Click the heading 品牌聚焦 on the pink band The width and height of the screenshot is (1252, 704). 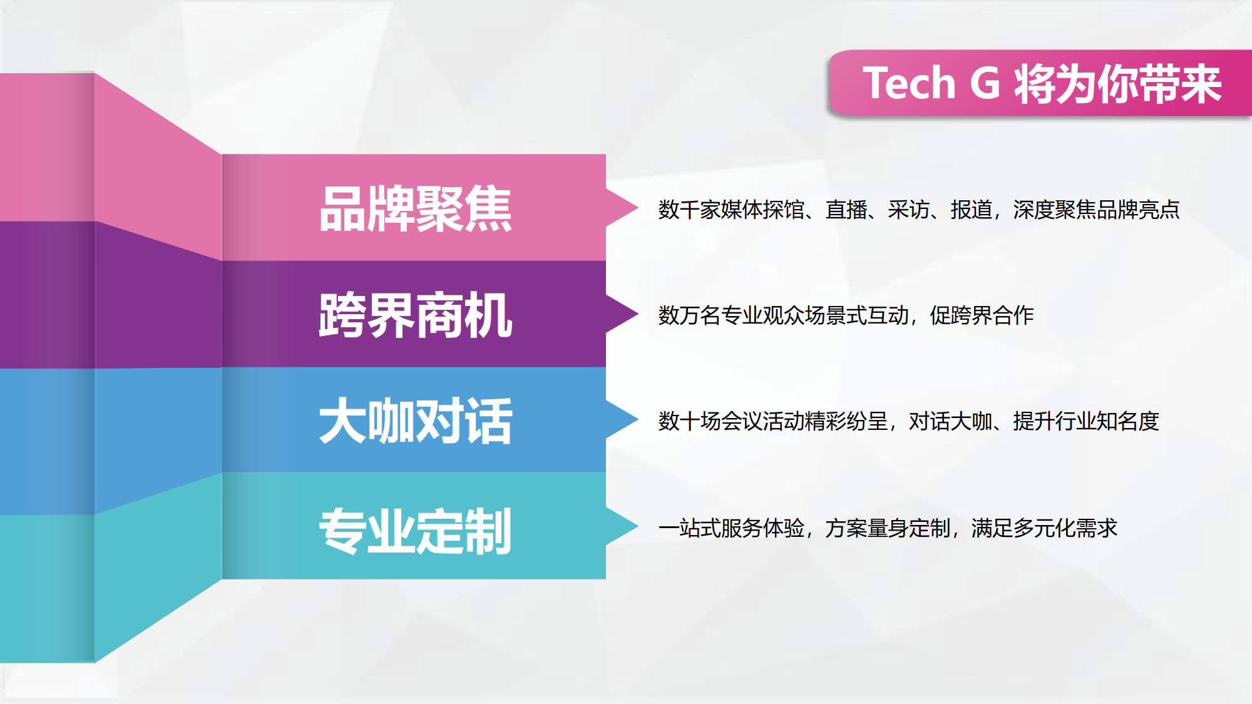tap(416, 209)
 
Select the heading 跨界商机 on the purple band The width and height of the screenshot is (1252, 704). tap(416, 315)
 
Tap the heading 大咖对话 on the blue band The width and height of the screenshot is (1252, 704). tap(416, 421)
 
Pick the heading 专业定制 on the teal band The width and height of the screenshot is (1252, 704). tap(416, 531)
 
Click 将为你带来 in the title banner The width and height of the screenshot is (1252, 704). tap(1118, 83)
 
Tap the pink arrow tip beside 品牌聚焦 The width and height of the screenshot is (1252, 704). tap(638, 208)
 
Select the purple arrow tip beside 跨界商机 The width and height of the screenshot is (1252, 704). tap(638, 314)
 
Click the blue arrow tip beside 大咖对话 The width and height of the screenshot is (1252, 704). tap(638, 419)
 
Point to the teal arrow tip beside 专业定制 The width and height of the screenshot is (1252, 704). tap(638, 526)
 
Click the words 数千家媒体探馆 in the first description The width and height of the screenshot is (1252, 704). tap(731, 210)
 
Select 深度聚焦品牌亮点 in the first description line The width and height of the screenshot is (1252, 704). tap(1096, 210)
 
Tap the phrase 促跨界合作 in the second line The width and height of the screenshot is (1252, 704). tap(982, 315)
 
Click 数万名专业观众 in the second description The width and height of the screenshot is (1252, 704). tap(731, 315)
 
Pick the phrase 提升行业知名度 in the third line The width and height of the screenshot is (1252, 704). tap(1086, 421)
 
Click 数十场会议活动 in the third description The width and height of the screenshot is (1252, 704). tap(731, 421)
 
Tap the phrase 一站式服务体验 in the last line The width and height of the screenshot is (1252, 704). tap(731, 528)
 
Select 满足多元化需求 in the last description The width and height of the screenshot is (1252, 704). tap(1044, 528)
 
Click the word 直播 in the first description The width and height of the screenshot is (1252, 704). tap(846, 210)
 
